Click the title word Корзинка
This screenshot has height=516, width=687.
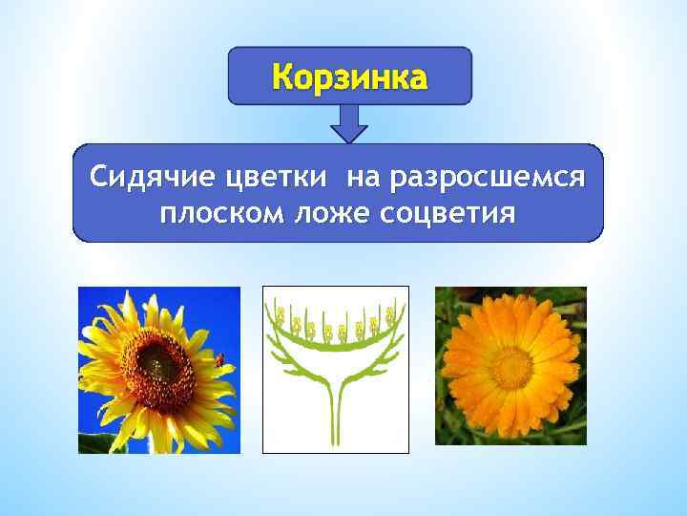(x=349, y=75)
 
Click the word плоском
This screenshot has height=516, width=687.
(x=213, y=210)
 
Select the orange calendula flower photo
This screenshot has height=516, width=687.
(x=510, y=366)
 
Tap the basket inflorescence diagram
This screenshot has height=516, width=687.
(x=335, y=369)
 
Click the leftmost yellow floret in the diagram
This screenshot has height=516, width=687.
(x=280, y=314)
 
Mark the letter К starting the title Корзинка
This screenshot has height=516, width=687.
(x=283, y=75)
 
